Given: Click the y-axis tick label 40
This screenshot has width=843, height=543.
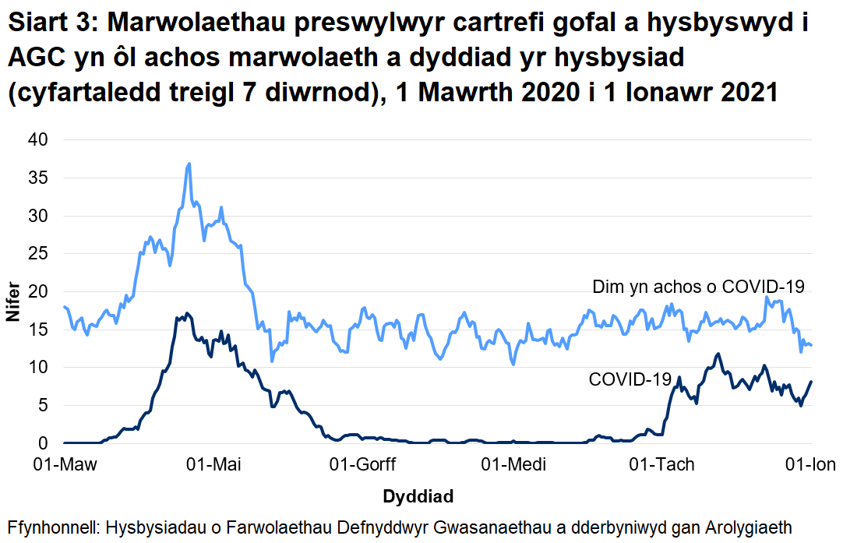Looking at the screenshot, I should (38, 140).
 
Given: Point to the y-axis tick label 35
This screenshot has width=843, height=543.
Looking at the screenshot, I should (38, 178).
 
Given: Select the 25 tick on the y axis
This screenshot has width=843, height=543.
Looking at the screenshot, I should (38, 254).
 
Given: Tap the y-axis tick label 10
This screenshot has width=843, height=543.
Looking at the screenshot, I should (38, 368).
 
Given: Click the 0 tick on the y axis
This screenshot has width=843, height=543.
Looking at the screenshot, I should (43, 443).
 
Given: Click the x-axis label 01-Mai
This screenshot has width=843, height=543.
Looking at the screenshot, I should (214, 466).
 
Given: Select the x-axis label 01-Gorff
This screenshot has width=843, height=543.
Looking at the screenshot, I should (363, 466).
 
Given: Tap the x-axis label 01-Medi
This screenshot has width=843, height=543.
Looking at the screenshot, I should (513, 466).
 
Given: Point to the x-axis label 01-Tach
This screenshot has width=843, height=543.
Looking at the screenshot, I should (661, 466).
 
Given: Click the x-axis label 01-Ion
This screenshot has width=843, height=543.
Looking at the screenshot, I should (812, 466).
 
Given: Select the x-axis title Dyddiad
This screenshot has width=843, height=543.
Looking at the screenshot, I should (418, 496).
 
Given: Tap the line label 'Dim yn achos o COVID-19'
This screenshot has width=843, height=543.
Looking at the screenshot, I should (698, 286).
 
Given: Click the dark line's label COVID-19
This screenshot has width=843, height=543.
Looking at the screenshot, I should (630, 379).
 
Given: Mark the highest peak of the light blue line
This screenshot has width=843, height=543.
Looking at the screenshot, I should (189, 164).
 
